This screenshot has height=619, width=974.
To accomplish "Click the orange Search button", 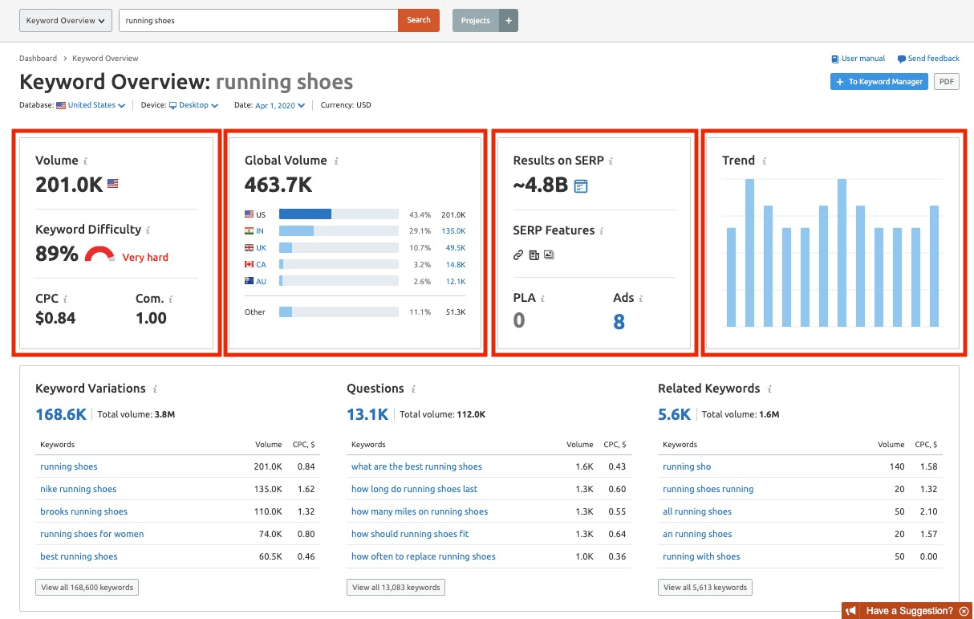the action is click(418, 20).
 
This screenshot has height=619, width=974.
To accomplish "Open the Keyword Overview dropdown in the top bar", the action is click(65, 20).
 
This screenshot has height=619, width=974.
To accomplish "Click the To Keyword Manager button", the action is click(879, 81).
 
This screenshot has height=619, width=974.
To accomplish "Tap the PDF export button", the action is click(946, 81).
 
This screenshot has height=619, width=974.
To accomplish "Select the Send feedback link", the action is click(928, 59).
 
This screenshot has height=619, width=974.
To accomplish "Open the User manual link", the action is click(858, 59).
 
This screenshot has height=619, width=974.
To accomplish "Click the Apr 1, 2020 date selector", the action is click(280, 105).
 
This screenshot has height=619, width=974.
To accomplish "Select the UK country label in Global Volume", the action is click(261, 248).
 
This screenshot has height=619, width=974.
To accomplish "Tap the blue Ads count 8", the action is click(619, 322).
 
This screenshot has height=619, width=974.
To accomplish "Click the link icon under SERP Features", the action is click(517, 255).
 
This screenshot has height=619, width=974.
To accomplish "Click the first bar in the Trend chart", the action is click(732, 277).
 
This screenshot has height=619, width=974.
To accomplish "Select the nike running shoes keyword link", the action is click(79, 489).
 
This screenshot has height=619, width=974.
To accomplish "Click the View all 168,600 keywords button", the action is click(87, 587).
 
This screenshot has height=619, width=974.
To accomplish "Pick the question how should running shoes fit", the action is click(410, 534).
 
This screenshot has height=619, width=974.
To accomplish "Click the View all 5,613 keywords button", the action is click(705, 587).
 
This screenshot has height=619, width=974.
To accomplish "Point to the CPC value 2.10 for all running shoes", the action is click(928, 511).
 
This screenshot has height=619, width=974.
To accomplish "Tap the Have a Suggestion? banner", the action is click(907, 611).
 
